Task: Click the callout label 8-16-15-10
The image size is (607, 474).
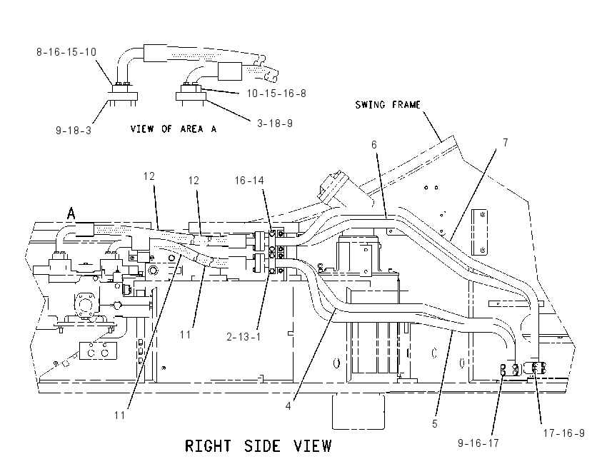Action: [x=66, y=52]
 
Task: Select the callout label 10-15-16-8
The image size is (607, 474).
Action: [x=276, y=94]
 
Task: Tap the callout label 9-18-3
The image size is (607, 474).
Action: [x=74, y=131]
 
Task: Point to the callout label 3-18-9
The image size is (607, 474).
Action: [x=275, y=123]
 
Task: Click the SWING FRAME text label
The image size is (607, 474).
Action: [x=388, y=105]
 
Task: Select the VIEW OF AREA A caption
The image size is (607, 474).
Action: [x=174, y=128]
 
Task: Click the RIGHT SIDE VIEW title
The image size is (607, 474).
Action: [x=259, y=446]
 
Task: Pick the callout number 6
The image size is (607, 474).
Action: [x=374, y=145]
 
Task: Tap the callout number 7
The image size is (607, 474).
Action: [x=505, y=143]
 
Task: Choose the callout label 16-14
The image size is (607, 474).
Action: [x=249, y=181]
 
